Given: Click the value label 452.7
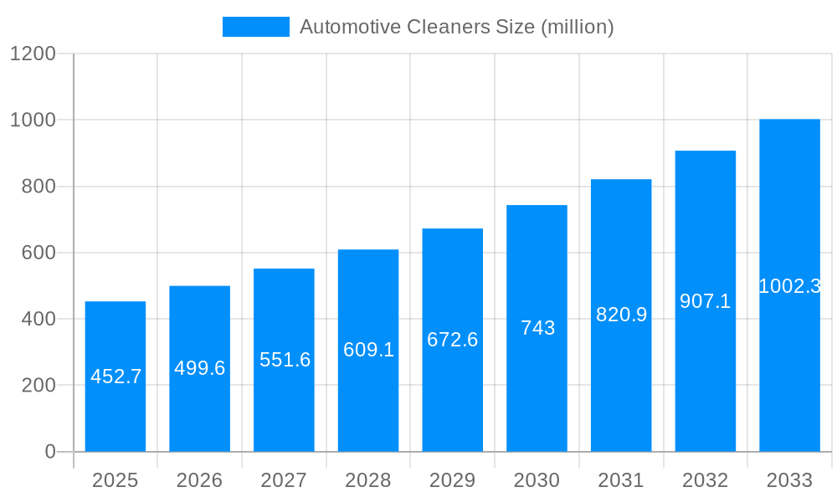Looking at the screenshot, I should point(116,376).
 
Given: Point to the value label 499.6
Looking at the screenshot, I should point(199,368).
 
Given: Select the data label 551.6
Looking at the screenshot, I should point(285,360).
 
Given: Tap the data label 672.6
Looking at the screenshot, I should point(452,340).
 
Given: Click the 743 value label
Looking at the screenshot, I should point(537,328).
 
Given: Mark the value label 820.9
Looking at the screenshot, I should point(621,315).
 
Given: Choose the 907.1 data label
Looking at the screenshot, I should point(705,301).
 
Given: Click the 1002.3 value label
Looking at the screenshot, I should point(789,286).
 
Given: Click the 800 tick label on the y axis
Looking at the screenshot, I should point(38,187).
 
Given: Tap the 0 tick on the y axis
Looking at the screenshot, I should point(49,452).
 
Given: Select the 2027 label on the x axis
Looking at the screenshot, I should point(284,480).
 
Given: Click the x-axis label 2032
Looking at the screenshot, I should point(705,480).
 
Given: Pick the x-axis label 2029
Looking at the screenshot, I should point(452,480).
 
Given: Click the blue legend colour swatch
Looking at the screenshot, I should point(255,27).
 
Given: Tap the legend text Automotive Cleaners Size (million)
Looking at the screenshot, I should point(456,27).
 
